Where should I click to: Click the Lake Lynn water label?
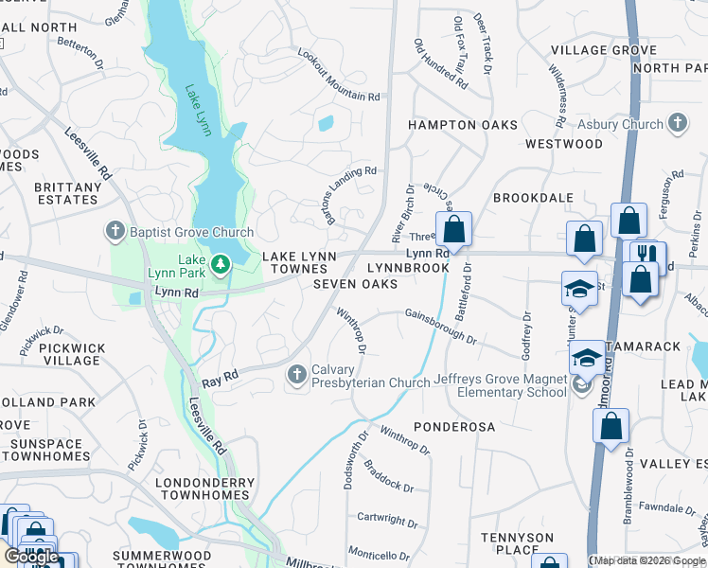(x=195, y=108)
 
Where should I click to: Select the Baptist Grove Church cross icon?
(x=115, y=232)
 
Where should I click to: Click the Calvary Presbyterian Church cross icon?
(x=297, y=376)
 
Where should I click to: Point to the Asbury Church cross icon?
(x=677, y=123)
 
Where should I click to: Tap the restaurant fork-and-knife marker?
(x=647, y=255)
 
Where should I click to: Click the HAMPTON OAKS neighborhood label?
(x=463, y=125)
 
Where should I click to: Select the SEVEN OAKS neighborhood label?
(x=355, y=284)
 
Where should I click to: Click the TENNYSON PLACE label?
(x=517, y=543)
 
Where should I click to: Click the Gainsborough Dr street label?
(x=439, y=326)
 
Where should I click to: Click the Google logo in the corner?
(x=32, y=556)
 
